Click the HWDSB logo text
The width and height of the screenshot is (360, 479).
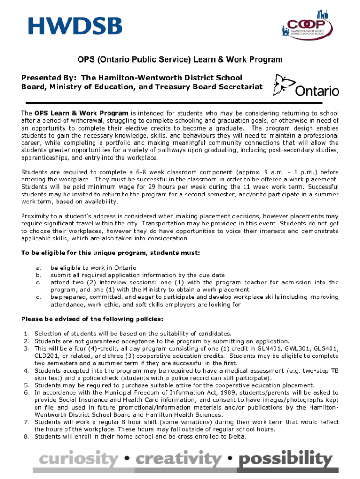coord(75,26)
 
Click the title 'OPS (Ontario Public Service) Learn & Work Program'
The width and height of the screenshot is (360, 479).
coord(180,60)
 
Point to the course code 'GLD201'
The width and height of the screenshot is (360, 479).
coord(45,356)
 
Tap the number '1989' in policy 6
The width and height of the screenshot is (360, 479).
coord(202,392)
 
